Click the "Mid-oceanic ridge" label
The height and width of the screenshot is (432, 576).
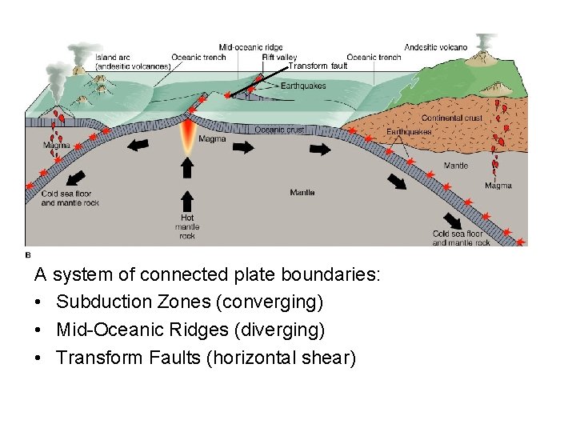click(x=250, y=48)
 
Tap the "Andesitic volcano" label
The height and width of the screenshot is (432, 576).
click(x=436, y=47)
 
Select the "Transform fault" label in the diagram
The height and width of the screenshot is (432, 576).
click(x=318, y=66)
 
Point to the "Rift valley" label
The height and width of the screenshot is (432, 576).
click(x=279, y=58)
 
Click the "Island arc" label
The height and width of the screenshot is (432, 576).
click(x=110, y=58)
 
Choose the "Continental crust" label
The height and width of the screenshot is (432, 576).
click(x=452, y=118)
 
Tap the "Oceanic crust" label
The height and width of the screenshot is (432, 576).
click(x=280, y=130)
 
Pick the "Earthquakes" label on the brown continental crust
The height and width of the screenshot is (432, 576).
click(x=409, y=132)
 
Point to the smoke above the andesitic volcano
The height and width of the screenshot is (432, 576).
click(x=484, y=40)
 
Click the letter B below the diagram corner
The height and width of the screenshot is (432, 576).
click(x=28, y=254)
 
